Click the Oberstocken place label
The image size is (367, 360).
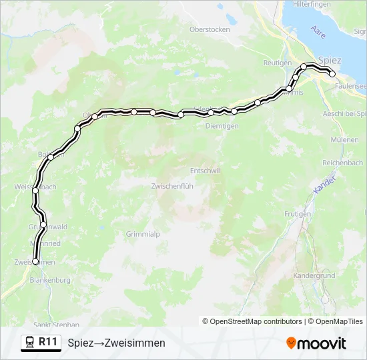210,29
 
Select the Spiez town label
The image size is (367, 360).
330,61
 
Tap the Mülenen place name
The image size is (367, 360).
345,140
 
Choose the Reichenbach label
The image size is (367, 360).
342,163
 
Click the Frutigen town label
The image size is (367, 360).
298,214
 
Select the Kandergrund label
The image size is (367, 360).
314,275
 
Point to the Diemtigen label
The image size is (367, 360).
222,125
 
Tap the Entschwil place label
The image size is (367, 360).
205,171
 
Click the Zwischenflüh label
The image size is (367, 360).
172,186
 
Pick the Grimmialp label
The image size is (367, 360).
143,234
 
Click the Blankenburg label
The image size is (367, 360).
50,281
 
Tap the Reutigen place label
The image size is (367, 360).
278,63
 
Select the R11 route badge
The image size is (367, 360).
40,342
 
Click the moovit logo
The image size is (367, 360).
316,343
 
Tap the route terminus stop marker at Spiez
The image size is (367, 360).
332,74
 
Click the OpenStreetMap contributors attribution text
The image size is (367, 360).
256,321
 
